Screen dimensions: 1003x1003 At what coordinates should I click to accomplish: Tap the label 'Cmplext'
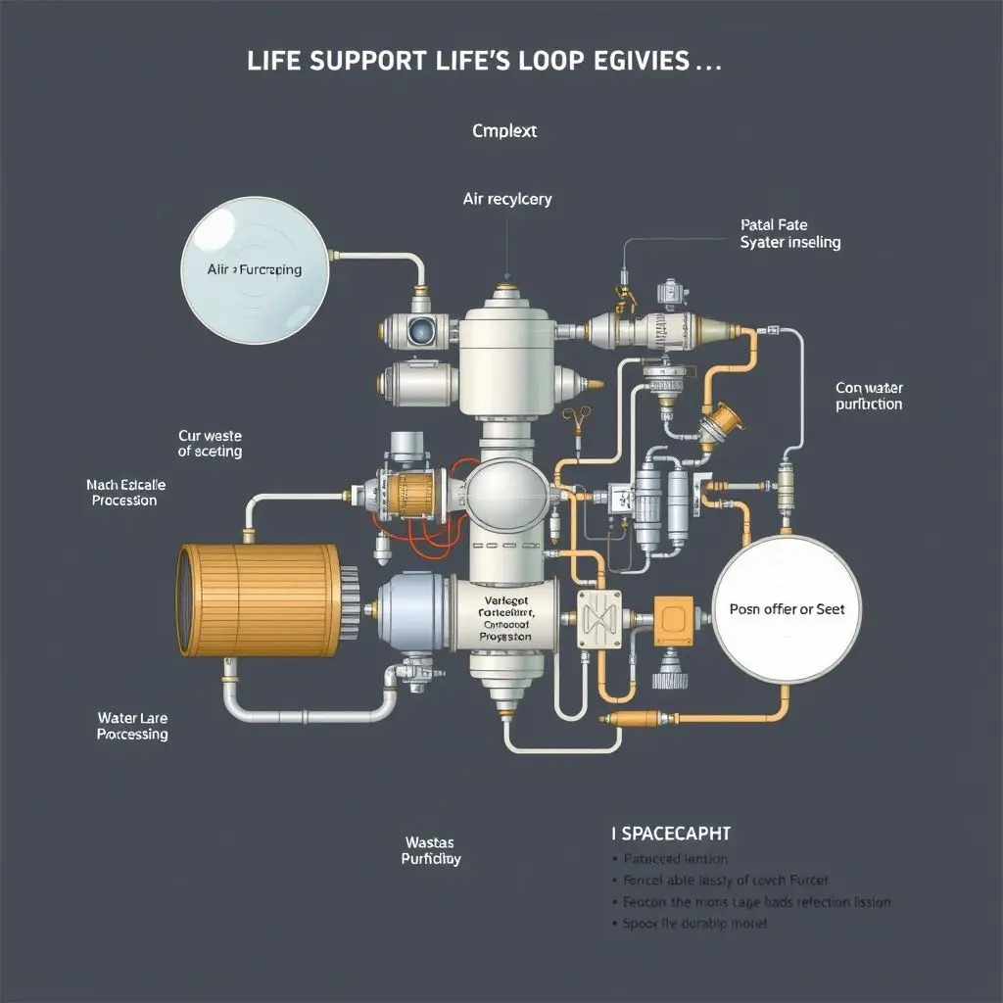(x=504, y=130)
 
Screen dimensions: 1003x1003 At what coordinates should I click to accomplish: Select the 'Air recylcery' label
(x=506, y=199)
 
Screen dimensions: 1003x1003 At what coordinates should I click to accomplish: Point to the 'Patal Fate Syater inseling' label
(x=789, y=233)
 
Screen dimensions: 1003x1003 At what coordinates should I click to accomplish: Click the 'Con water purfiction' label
(x=869, y=396)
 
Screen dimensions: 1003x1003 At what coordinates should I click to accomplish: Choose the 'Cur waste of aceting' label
(x=210, y=443)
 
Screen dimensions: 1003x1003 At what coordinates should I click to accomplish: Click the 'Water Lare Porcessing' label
(x=132, y=726)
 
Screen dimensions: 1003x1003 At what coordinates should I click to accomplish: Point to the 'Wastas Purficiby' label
(x=431, y=850)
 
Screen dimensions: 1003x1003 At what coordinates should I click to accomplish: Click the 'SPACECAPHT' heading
(x=670, y=834)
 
